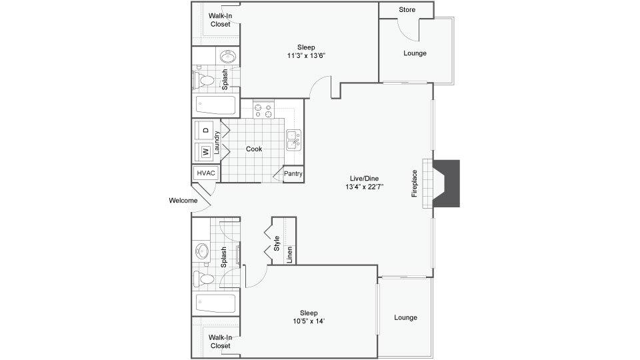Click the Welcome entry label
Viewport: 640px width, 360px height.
tap(183, 201)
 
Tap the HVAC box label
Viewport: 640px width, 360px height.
tap(206, 173)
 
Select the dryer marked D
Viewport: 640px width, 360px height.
tap(206, 130)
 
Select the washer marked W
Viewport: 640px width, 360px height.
tap(206, 152)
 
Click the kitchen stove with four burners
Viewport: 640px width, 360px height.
tap(263, 109)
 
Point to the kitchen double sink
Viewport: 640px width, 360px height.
tap(294, 140)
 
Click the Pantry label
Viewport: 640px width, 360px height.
tap(293, 173)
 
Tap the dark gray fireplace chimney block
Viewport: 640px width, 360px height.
tap(447, 183)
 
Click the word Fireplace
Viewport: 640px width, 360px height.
tap(415, 183)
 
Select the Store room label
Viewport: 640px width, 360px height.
tap(407, 9)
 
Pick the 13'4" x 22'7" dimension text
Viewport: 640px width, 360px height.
tap(365, 187)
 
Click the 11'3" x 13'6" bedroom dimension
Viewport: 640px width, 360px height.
tap(306, 56)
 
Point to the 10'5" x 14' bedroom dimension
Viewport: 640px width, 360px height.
tap(309, 321)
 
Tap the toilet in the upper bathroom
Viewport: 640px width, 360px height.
tap(204, 81)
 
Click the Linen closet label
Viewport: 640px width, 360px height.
tap(289, 254)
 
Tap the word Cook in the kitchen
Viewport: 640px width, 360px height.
tap(254, 149)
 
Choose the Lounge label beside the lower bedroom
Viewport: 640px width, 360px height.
tap(406, 317)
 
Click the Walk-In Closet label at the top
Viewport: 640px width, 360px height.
tap(221, 20)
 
